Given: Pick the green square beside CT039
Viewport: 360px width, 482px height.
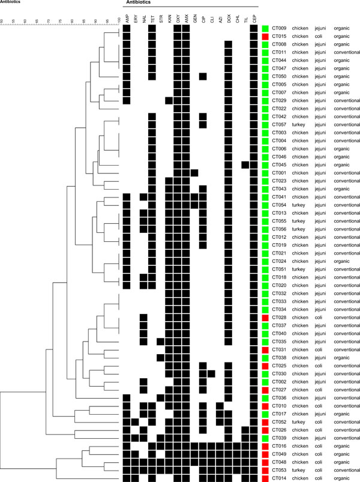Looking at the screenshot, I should point(265,438).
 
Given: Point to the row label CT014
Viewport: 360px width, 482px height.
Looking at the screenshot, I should point(279,478).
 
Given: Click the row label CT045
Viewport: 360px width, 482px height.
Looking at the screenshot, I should point(279,164).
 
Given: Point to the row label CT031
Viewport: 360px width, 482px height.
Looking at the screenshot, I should point(279,349).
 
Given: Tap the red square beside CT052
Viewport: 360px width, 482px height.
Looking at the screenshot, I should point(265,422).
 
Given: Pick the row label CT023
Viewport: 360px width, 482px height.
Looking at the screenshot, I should point(279,181).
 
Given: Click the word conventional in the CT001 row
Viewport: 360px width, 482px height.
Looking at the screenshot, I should point(346,173).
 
